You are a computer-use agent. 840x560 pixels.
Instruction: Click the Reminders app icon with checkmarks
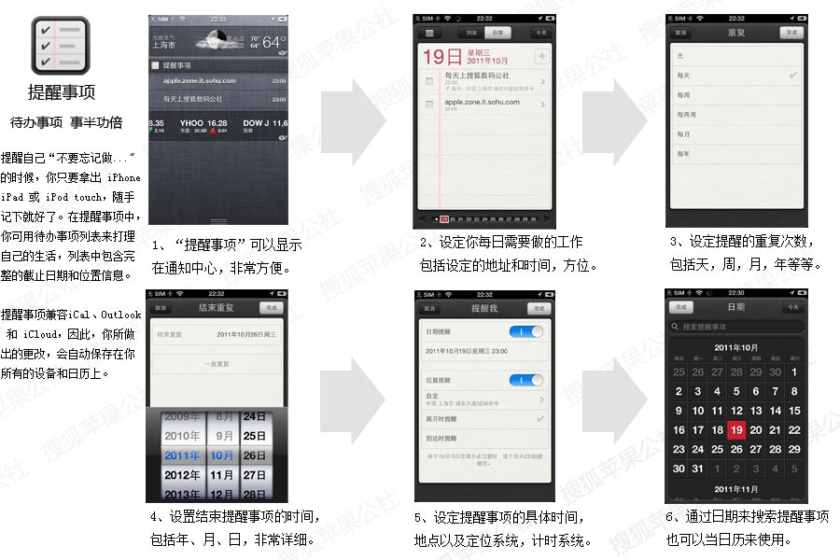61,44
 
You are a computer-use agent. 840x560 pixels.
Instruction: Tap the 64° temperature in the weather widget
273,43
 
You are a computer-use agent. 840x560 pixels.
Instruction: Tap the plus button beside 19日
541,56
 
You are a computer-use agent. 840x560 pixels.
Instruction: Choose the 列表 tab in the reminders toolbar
472,33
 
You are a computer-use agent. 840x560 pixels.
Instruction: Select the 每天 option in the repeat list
684,75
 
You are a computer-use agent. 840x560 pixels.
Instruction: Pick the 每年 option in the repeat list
684,153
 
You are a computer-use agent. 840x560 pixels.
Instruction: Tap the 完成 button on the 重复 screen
792,33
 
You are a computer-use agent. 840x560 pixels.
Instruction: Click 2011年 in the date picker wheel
182,455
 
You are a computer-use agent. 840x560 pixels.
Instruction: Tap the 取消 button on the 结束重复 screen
161,307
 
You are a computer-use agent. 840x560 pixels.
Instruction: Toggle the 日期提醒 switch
525,331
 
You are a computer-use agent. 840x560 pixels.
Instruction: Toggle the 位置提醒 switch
525,380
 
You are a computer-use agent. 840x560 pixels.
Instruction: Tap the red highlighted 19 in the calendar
736,429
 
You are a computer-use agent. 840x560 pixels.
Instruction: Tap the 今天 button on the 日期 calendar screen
792,307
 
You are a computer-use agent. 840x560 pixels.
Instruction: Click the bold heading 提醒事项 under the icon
62,92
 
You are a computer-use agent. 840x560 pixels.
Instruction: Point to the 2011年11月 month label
735,488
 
